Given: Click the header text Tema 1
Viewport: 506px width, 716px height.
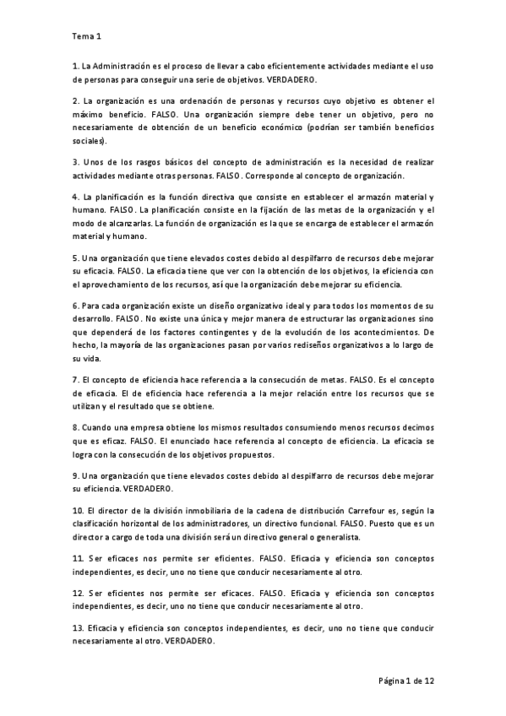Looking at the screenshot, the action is pos(86,36).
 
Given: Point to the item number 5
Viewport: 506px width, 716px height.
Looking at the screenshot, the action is pos(76,258).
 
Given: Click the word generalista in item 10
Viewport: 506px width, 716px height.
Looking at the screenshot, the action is pos(332,537).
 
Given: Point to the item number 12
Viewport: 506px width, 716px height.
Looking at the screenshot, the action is pos(78,593).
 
